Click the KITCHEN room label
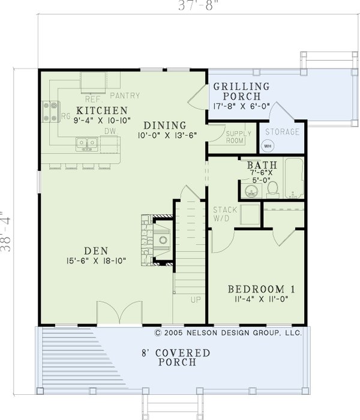(x=101, y=110)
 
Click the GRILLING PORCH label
(x=241, y=91)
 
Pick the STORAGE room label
(x=282, y=131)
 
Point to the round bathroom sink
(x=251, y=191)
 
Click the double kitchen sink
(x=88, y=143)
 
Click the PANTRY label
(x=125, y=95)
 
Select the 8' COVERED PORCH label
(x=176, y=357)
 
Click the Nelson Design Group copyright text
(x=227, y=331)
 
